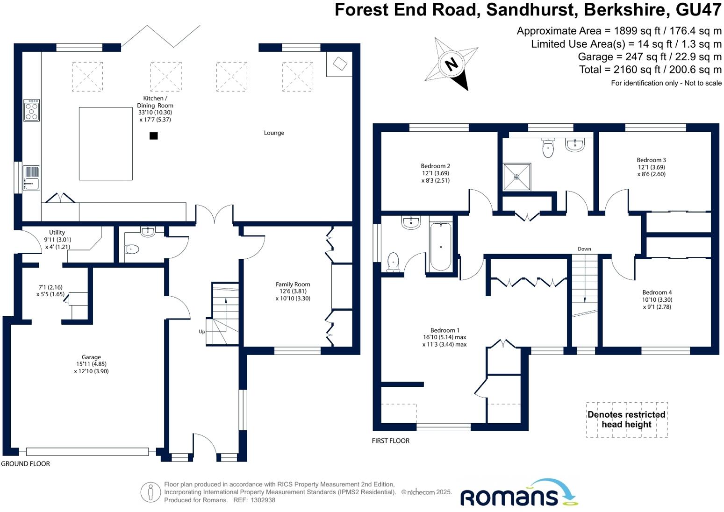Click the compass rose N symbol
(x=452, y=64)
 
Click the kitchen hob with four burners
(x=32, y=111)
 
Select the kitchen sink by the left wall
(x=31, y=178)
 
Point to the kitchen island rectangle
(x=106, y=143)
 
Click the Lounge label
(x=274, y=133)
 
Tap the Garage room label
(x=91, y=357)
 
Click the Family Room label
(x=293, y=284)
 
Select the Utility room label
(x=57, y=232)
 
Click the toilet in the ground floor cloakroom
(x=132, y=249)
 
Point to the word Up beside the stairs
(x=202, y=332)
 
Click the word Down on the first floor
(x=584, y=249)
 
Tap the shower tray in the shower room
(x=517, y=177)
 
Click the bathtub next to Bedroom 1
(x=441, y=247)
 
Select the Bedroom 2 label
(x=435, y=166)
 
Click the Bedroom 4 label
(x=657, y=292)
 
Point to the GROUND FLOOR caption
(x=25, y=464)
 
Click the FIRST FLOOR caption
(x=391, y=441)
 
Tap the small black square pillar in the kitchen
(x=153, y=136)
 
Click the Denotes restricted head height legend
(x=626, y=420)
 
